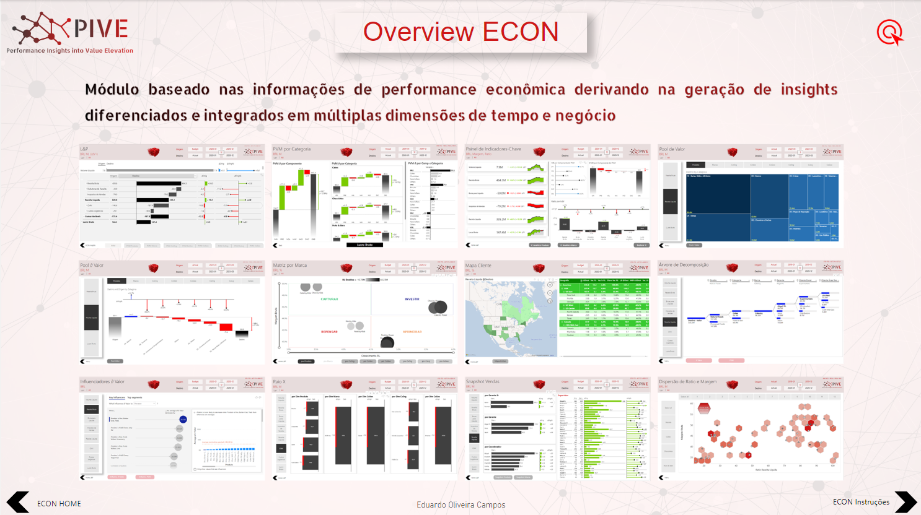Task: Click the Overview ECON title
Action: [x=460, y=32]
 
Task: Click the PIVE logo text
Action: [x=100, y=28]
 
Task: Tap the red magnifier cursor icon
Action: [x=889, y=32]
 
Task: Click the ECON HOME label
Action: [x=59, y=503]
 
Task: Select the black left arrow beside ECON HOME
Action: [x=18, y=502]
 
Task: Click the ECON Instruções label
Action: [x=861, y=502]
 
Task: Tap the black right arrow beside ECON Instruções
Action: [x=905, y=502]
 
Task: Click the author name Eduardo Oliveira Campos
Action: [x=460, y=504]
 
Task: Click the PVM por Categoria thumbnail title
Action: [x=292, y=149]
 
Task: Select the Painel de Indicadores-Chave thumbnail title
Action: [x=493, y=149]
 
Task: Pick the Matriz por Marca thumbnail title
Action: [x=289, y=265]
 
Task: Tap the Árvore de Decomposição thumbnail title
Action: [x=684, y=265]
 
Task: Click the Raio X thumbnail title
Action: [x=280, y=382]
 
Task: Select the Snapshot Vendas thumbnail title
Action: [x=484, y=382]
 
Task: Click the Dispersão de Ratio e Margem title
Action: [x=688, y=382]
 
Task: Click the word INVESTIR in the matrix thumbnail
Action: [x=412, y=299]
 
